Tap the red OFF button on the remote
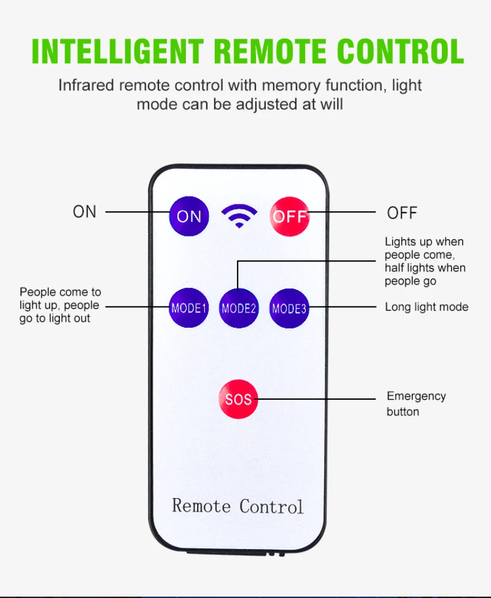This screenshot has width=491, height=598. (290, 216)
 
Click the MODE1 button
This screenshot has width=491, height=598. (189, 308)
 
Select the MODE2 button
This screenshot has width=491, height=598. (239, 308)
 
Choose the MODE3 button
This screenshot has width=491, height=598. (289, 308)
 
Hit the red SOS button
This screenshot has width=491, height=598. (238, 400)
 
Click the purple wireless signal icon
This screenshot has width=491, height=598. (239, 215)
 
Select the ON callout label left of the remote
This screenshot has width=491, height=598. (85, 212)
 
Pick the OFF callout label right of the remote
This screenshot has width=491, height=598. (402, 213)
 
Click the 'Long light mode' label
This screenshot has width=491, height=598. (427, 307)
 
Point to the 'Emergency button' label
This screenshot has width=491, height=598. (416, 403)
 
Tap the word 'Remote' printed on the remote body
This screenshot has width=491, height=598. (201, 506)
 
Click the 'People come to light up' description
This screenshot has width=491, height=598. (60, 305)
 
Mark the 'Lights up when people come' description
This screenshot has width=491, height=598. (425, 262)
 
